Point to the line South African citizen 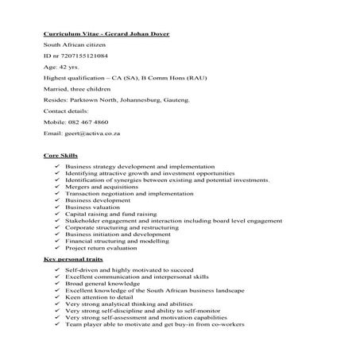tap(72, 46)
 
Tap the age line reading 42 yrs tap(65, 68)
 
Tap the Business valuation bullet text tap(90, 207)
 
